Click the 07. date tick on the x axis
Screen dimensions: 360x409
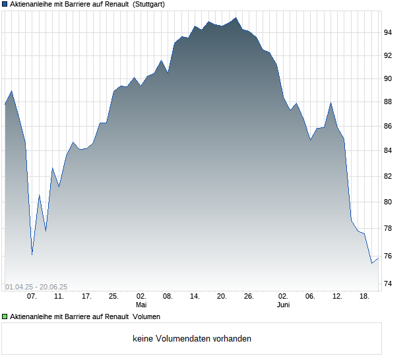pos(32,297)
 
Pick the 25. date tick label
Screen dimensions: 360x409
pos(113,297)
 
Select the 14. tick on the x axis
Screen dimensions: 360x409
pos(195,297)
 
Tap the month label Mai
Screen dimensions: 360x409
pos(141,305)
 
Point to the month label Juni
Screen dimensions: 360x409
pos(283,305)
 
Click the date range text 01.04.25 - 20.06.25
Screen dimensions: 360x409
pos(36,287)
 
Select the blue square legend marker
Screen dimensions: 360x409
pos(5,4)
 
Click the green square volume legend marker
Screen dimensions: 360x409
pos(5,317)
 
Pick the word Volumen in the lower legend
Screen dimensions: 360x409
pos(146,317)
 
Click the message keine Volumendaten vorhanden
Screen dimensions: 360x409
pos(191,339)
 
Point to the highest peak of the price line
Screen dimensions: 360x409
pos(236,18)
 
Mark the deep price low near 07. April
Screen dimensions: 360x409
pos(32,255)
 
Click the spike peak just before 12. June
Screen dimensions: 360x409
pos(331,103)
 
